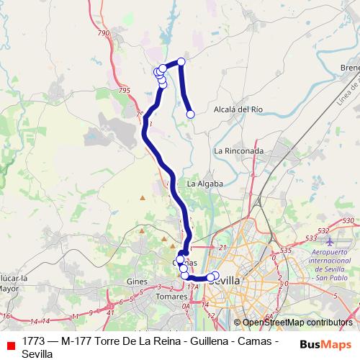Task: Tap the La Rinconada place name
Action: pos(239,151)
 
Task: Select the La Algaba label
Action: pos(204,184)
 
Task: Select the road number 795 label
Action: pos(125,89)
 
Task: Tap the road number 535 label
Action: pos(286,250)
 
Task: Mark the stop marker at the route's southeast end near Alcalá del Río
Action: pos(191,114)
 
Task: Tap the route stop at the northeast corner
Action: pos(181,62)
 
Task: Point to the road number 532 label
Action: pos(323,230)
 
